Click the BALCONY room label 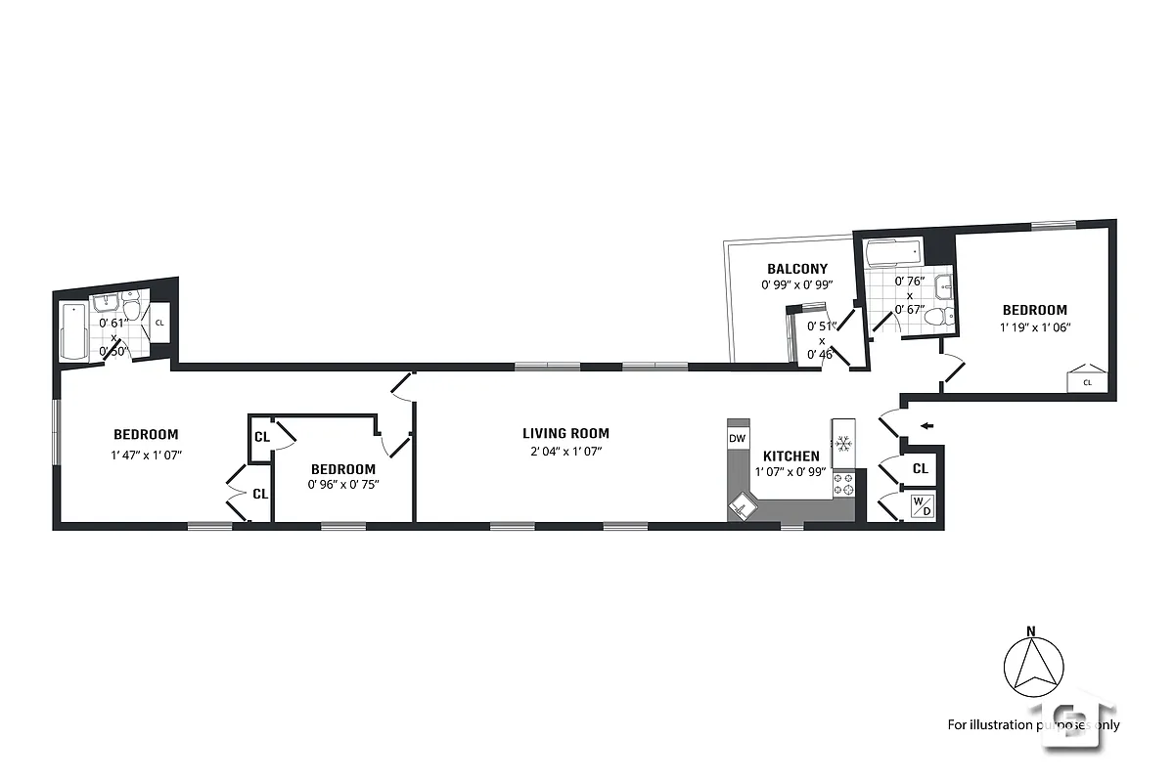(x=796, y=269)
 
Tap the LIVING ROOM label (x=565, y=433)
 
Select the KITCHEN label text (x=790, y=456)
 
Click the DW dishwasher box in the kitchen (x=738, y=438)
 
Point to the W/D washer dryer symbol (x=922, y=506)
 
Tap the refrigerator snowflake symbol (x=842, y=443)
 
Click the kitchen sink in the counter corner (x=743, y=505)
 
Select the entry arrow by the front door (x=926, y=425)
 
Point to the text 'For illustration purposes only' (x=1033, y=725)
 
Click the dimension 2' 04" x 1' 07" (x=565, y=451)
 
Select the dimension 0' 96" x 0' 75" (x=342, y=485)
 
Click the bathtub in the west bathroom (x=73, y=331)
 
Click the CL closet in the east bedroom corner (x=1086, y=378)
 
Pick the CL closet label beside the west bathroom (x=159, y=323)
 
